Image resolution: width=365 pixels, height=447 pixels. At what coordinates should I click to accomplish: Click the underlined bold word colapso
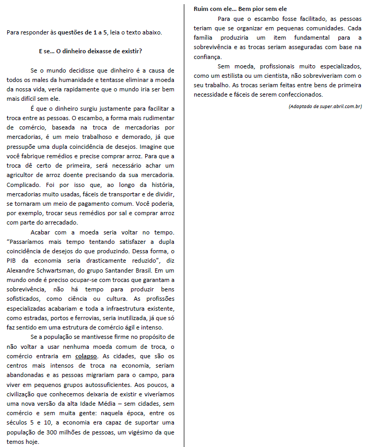click(x=86, y=356)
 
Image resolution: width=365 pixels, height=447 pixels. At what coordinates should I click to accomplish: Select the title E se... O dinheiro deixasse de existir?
click(x=90, y=51)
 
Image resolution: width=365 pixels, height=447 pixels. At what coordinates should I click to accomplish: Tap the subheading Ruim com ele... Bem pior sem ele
click(x=240, y=9)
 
